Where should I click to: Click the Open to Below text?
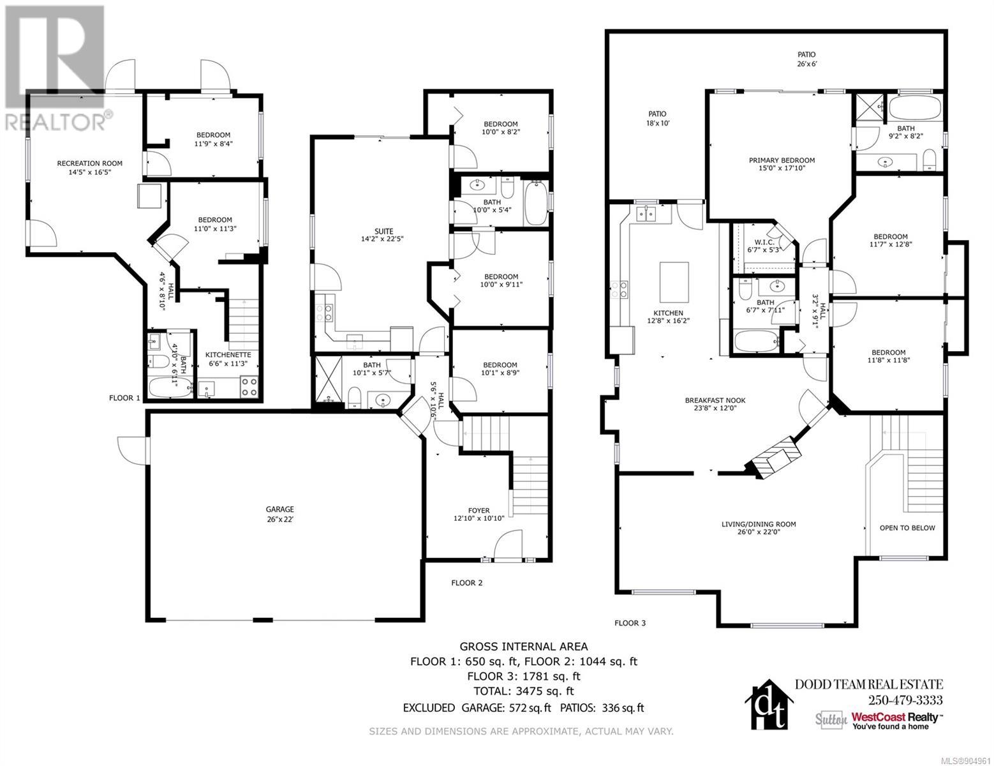tap(907, 528)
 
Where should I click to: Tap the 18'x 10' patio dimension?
tap(657, 123)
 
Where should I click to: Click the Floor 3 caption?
tap(630, 623)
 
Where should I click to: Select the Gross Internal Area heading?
tap(524, 647)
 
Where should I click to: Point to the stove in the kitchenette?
tap(249, 386)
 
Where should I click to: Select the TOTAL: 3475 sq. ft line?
tap(524, 691)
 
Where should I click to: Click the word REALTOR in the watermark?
tap(54, 122)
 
